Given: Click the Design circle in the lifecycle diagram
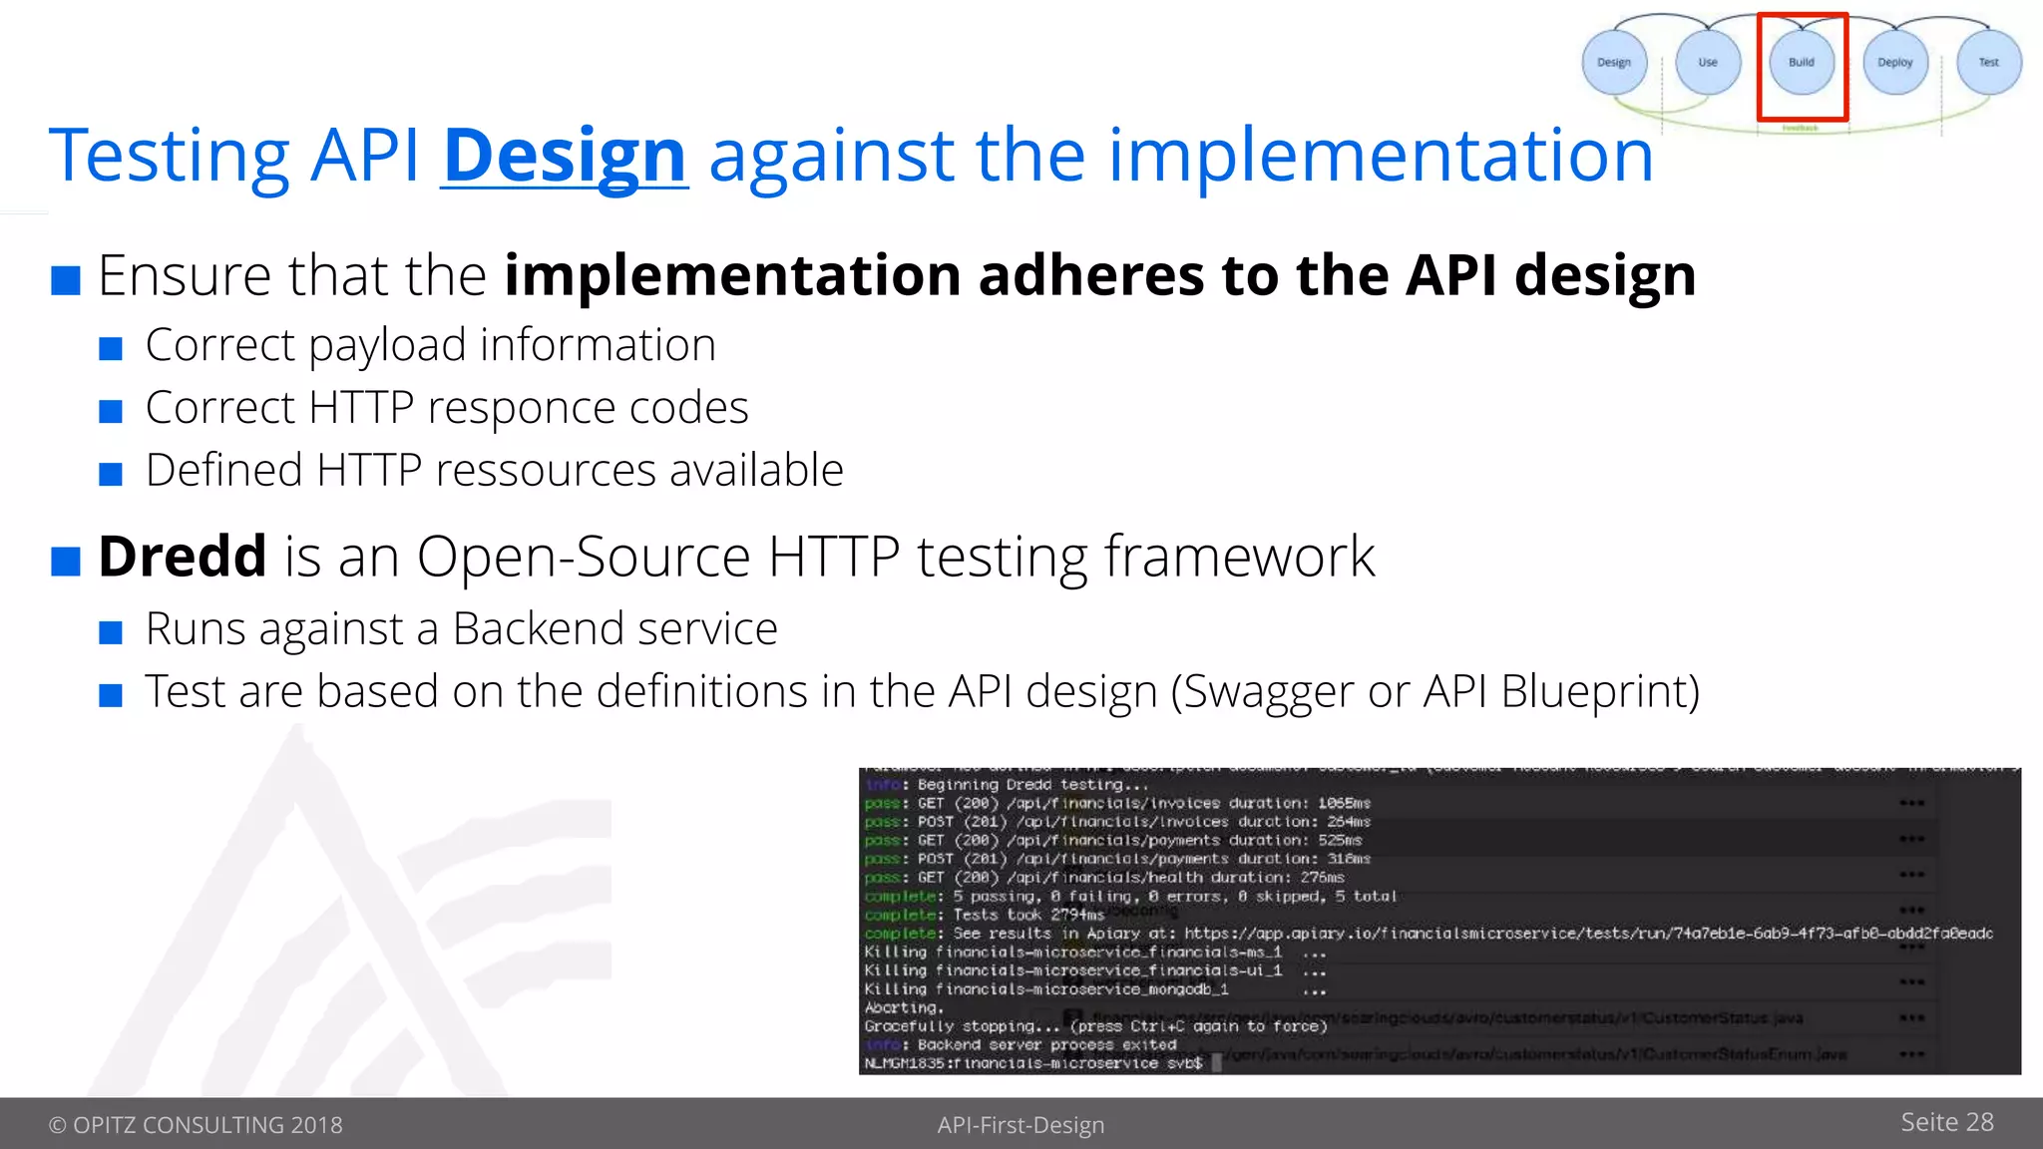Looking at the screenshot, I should [1614, 62].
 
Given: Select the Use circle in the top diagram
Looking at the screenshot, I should [1708, 62].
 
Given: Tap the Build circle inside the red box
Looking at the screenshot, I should [1802, 62].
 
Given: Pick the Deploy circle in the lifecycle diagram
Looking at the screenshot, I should [1895, 62].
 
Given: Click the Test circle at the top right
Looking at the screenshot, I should [1989, 62].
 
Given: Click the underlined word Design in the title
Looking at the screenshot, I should [565, 156].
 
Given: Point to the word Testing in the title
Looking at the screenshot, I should [170, 156].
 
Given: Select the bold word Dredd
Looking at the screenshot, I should [183, 557].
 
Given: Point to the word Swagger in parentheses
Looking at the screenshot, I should [1264, 692].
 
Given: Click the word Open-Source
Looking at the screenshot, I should [583, 557].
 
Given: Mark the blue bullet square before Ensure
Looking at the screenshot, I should [66, 280].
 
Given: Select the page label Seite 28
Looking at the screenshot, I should [1946, 1122].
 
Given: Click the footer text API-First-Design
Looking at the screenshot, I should [1021, 1125].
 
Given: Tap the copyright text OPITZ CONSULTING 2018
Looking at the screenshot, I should [196, 1125].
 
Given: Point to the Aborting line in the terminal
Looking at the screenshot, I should [903, 1007].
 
